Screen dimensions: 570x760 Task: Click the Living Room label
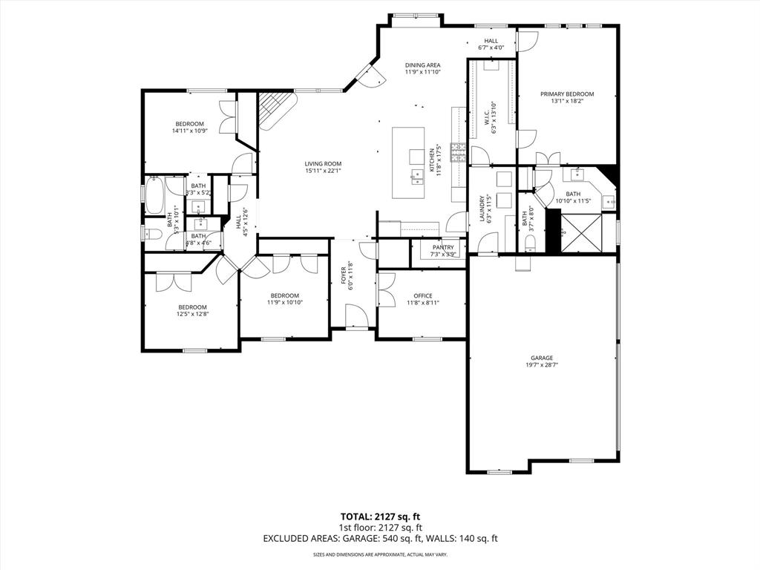tap(323, 164)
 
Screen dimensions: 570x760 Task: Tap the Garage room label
tap(541, 358)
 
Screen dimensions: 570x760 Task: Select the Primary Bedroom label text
tap(567, 94)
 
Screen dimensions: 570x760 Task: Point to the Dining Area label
tap(422, 65)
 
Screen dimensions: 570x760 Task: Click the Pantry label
tap(443, 247)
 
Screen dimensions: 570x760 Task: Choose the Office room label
tap(422, 296)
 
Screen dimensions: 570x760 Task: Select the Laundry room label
tap(482, 202)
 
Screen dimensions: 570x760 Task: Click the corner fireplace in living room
tap(273, 108)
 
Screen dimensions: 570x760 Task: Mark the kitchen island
tap(409, 163)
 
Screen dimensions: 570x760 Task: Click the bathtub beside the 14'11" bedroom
tap(155, 194)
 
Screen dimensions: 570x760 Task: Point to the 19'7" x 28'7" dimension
tap(541, 364)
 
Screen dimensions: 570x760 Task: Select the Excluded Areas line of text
tap(379, 539)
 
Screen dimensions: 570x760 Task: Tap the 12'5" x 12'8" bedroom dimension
tap(192, 314)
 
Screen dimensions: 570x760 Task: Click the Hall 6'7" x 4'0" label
tap(491, 45)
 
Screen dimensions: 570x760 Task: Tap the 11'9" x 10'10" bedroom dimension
tap(284, 302)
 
